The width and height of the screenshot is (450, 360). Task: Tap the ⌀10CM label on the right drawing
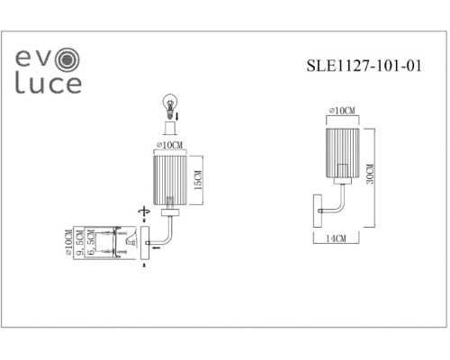coord(343,111)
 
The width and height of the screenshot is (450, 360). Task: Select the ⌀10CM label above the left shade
coord(167,144)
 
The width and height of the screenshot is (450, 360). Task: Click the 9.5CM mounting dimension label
coord(79,244)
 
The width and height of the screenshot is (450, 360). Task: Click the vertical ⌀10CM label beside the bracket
coord(67,244)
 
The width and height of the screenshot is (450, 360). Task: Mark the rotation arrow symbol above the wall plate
coord(141,212)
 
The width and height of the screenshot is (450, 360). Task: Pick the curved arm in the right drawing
coord(335,203)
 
